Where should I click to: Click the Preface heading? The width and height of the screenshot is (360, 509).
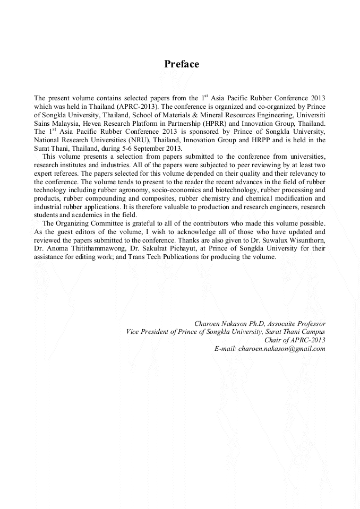click(182, 64)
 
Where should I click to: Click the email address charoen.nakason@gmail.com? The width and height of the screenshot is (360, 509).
click(281, 349)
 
